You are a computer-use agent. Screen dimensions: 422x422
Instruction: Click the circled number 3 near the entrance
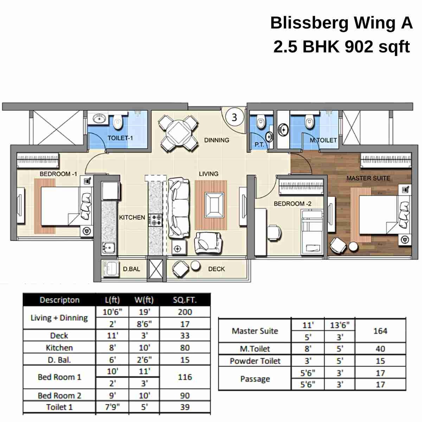coord(234,117)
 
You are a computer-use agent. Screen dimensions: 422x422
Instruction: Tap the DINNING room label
coord(216,140)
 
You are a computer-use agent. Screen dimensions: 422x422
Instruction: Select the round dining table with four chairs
coord(179,133)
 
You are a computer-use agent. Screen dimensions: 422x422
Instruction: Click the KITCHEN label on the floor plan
coord(132,217)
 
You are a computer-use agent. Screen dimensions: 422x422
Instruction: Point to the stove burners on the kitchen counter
coord(155,220)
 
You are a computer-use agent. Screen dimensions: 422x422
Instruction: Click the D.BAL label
coord(131,269)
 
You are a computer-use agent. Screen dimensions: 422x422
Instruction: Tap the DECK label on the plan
coord(216,269)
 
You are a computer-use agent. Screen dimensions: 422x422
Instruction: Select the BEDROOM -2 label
coord(292,204)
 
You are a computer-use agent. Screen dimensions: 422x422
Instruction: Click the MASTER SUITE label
coord(368,178)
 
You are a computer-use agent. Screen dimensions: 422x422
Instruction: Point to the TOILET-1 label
coord(120,138)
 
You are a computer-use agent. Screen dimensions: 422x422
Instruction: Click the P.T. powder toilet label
coord(259,145)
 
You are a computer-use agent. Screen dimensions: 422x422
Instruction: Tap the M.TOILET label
coord(323,140)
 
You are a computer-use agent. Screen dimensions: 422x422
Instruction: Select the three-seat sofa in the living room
coord(179,208)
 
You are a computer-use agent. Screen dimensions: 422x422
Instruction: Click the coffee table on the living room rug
coord(214,205)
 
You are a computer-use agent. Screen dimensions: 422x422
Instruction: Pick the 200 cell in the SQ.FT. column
coord(185,312)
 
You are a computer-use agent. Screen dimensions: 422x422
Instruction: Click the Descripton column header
coord(59,300)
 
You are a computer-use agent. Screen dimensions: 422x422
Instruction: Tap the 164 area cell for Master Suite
coord(380,331)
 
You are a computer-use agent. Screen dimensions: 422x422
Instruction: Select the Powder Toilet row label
coord(255,361)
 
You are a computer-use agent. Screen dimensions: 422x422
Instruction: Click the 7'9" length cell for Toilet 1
coord(112,407)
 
